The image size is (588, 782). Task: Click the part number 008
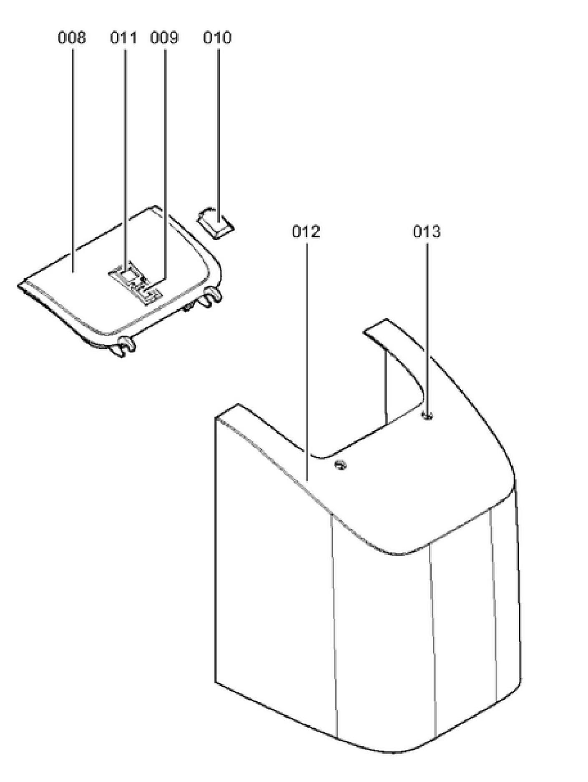[71, 38]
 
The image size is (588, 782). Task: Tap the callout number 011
[123, 38]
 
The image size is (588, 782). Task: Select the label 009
[164, 38]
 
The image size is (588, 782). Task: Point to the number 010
[217, 38]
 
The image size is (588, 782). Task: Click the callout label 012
[306, 231]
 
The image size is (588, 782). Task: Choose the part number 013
[427, 231]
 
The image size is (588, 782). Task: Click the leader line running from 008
[73, 158]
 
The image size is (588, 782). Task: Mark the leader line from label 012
[307, 359]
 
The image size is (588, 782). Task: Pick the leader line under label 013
[427, 325]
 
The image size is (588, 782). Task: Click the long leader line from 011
[125, 158]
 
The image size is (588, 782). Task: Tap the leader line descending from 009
[165, 158]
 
